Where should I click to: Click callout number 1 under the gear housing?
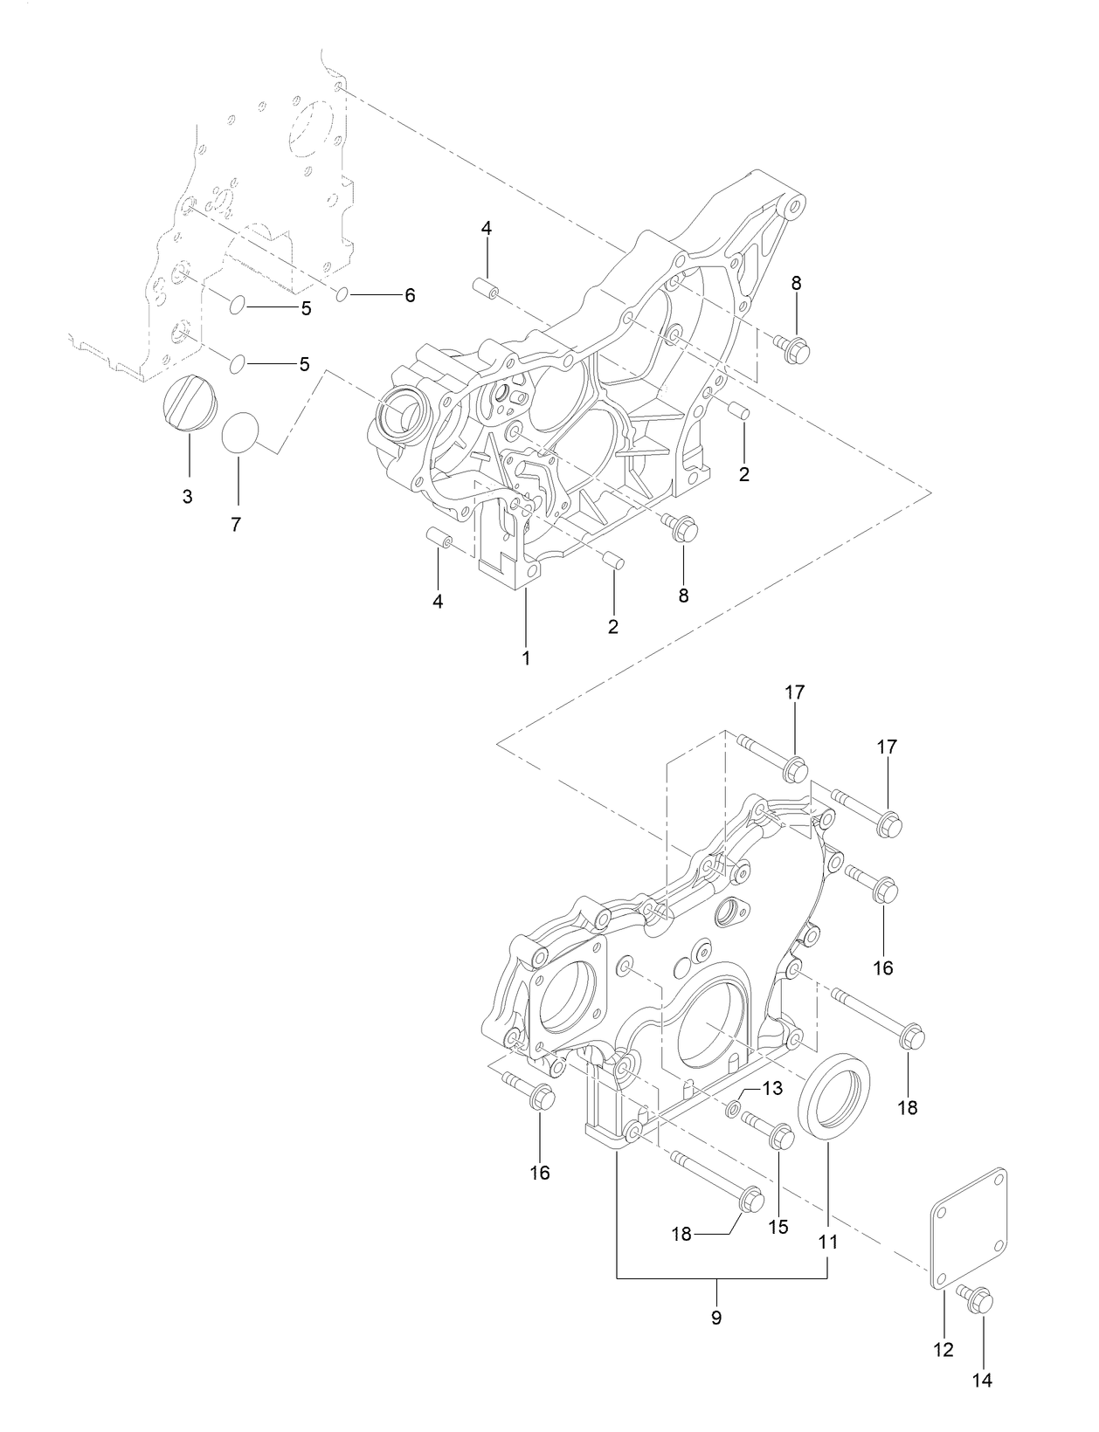[526, 657]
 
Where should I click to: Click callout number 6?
[408, 295]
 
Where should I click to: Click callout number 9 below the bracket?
[716, 1317]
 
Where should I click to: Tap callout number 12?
[943, 1349]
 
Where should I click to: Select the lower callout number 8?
[683, 596]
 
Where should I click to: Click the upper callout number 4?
[487, 229]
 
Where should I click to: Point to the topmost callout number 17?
[794, 692]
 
